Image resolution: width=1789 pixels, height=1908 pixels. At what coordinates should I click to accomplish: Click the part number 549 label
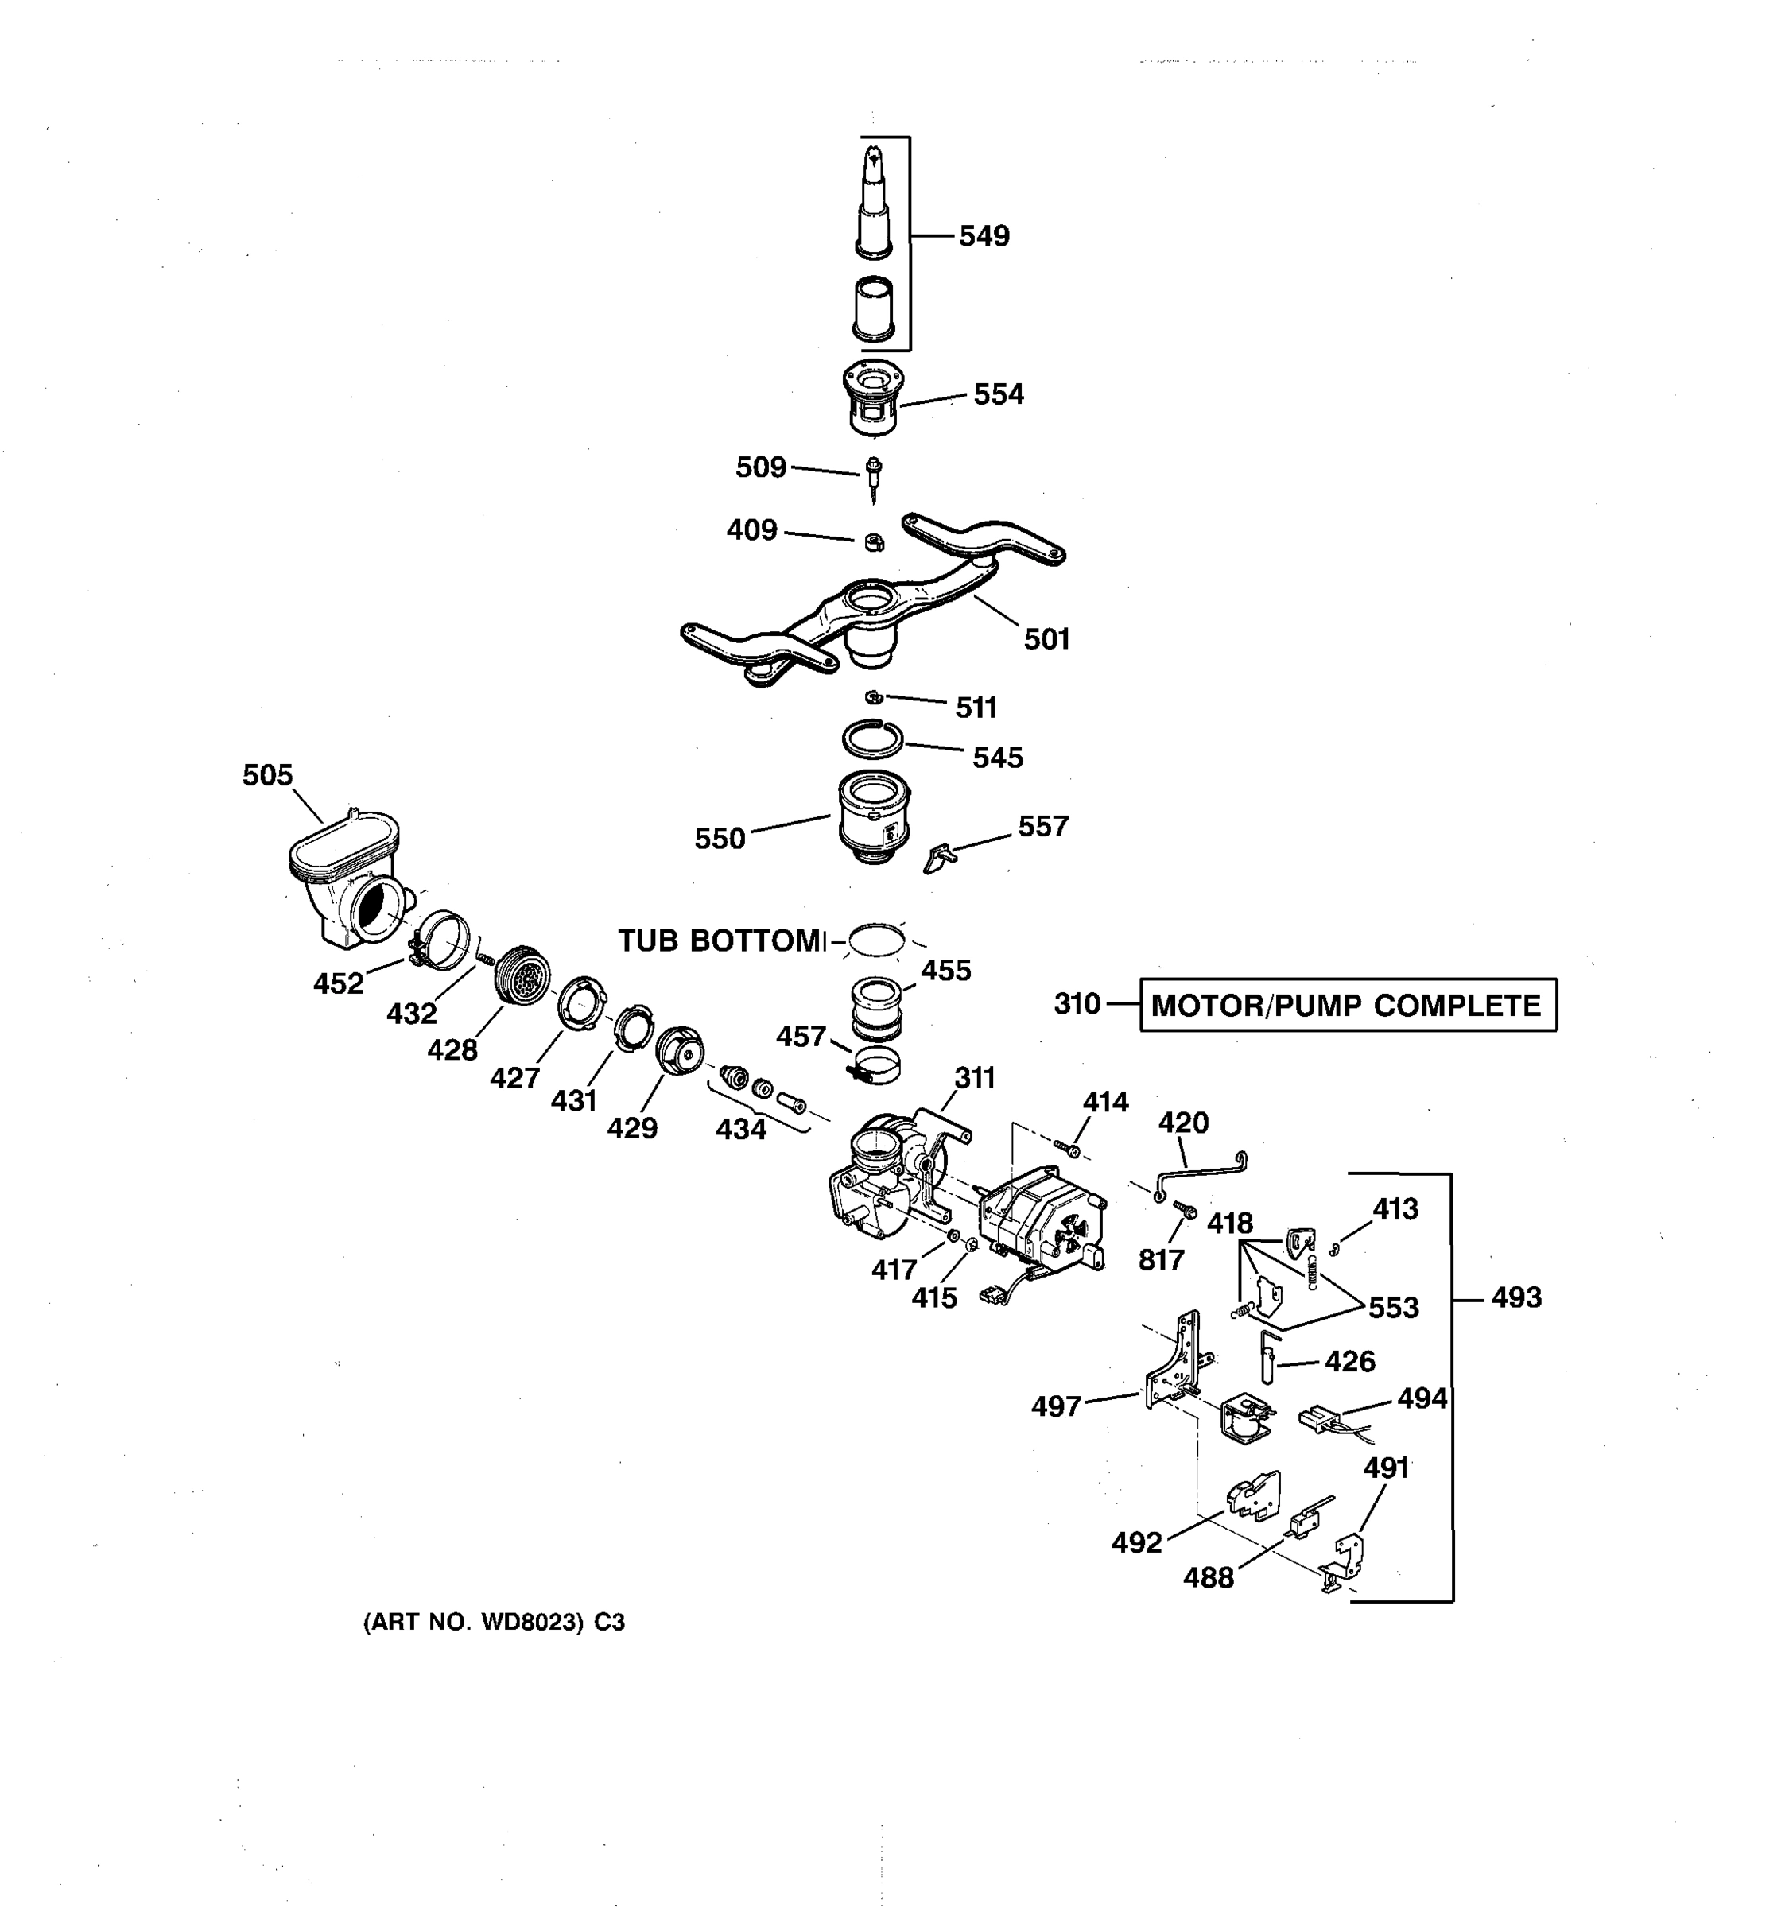click(984, 236)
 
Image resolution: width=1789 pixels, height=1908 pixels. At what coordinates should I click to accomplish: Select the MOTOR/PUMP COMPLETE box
click(1347, 1006)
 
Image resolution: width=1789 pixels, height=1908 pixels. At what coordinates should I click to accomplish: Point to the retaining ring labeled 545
click(872, 740)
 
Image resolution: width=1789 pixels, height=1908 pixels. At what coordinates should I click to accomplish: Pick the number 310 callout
click(1077, 1004)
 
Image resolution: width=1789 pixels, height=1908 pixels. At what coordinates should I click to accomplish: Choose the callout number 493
click(1515, 1297)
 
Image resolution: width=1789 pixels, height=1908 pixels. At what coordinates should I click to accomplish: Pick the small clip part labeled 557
click(940, 857)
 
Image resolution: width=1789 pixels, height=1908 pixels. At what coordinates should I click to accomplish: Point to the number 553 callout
click(1392, 1307)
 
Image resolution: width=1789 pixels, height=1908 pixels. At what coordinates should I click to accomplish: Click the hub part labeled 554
click(871, 397)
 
